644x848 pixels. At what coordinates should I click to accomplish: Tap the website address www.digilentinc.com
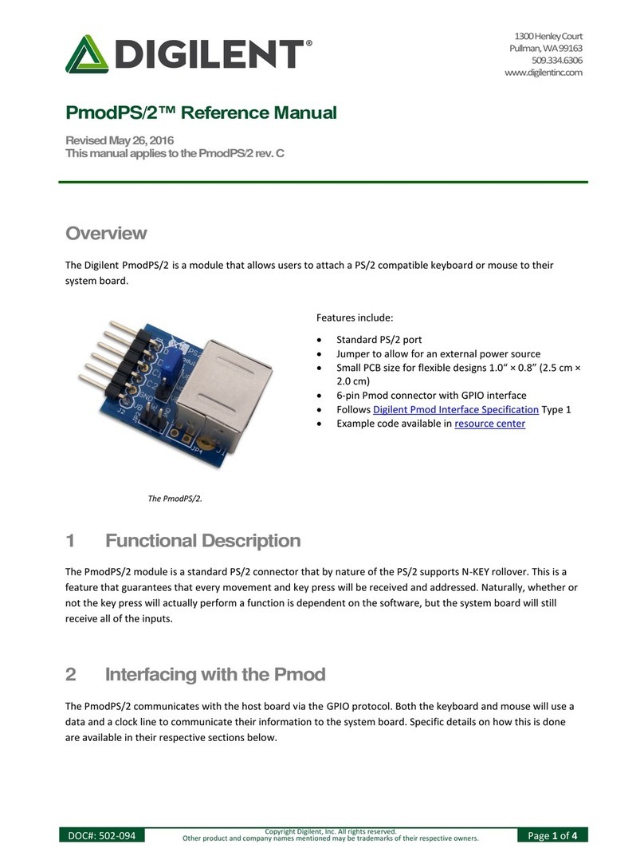click(x=544, y=73)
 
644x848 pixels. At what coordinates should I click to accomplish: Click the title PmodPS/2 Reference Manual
click(x=200, y=113)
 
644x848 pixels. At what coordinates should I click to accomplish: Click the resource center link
click(x=489, y=424)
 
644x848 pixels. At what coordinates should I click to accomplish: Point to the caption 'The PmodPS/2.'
click(x=175, y=499)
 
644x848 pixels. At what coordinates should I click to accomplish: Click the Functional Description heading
click(x=202, y=541)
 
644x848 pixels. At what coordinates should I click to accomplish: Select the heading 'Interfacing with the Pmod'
click(x=215, y=674)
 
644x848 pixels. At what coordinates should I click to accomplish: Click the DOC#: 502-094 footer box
click(x=102, y=835)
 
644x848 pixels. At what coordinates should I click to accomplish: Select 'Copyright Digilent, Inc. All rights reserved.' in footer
click(x=330, y=831)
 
